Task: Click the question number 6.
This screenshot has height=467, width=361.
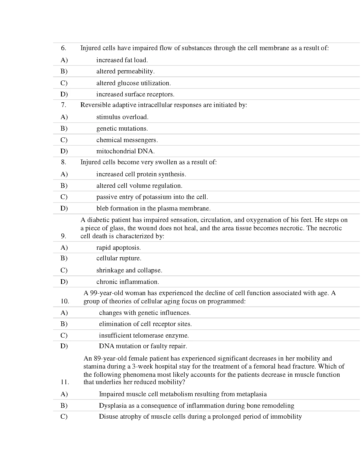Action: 63,48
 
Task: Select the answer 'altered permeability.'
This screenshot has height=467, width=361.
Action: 125,71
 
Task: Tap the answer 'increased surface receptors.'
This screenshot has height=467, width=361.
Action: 135,94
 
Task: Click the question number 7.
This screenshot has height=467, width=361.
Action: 63,105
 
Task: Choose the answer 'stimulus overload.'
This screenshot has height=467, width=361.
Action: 122,117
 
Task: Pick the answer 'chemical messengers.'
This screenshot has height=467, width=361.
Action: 127,140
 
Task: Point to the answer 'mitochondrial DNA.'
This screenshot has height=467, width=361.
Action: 125,151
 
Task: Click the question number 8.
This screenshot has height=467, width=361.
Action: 63,162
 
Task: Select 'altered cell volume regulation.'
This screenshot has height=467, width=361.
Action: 139,186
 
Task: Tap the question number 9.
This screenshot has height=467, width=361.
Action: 63,236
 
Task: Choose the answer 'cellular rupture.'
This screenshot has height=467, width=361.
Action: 119,258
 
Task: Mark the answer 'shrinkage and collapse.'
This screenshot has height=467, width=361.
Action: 129,270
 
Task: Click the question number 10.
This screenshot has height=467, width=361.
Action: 65,301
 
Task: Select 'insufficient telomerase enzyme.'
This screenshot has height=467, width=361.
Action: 144,336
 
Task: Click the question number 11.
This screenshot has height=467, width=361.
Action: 65,382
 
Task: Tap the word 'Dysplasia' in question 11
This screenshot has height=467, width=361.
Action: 113,406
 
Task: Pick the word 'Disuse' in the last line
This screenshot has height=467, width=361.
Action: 108,417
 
